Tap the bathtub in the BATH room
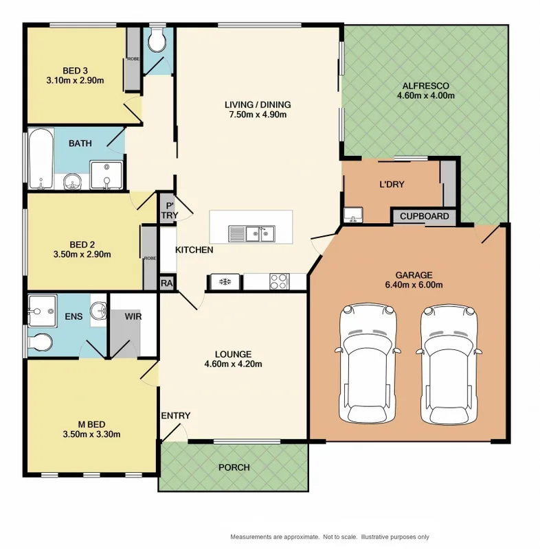coord(41,159)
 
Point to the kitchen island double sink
coord(251,234)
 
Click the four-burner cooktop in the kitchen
coord(278,281)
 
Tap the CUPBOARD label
coord(425,217)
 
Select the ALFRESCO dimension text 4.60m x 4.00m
coord(425,96)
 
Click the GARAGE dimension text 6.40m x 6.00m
coord(408,285)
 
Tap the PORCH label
coord(234,467)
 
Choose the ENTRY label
coord(175,416)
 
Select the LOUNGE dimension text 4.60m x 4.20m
coord(233,364)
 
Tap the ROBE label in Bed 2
coord(149,258)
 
